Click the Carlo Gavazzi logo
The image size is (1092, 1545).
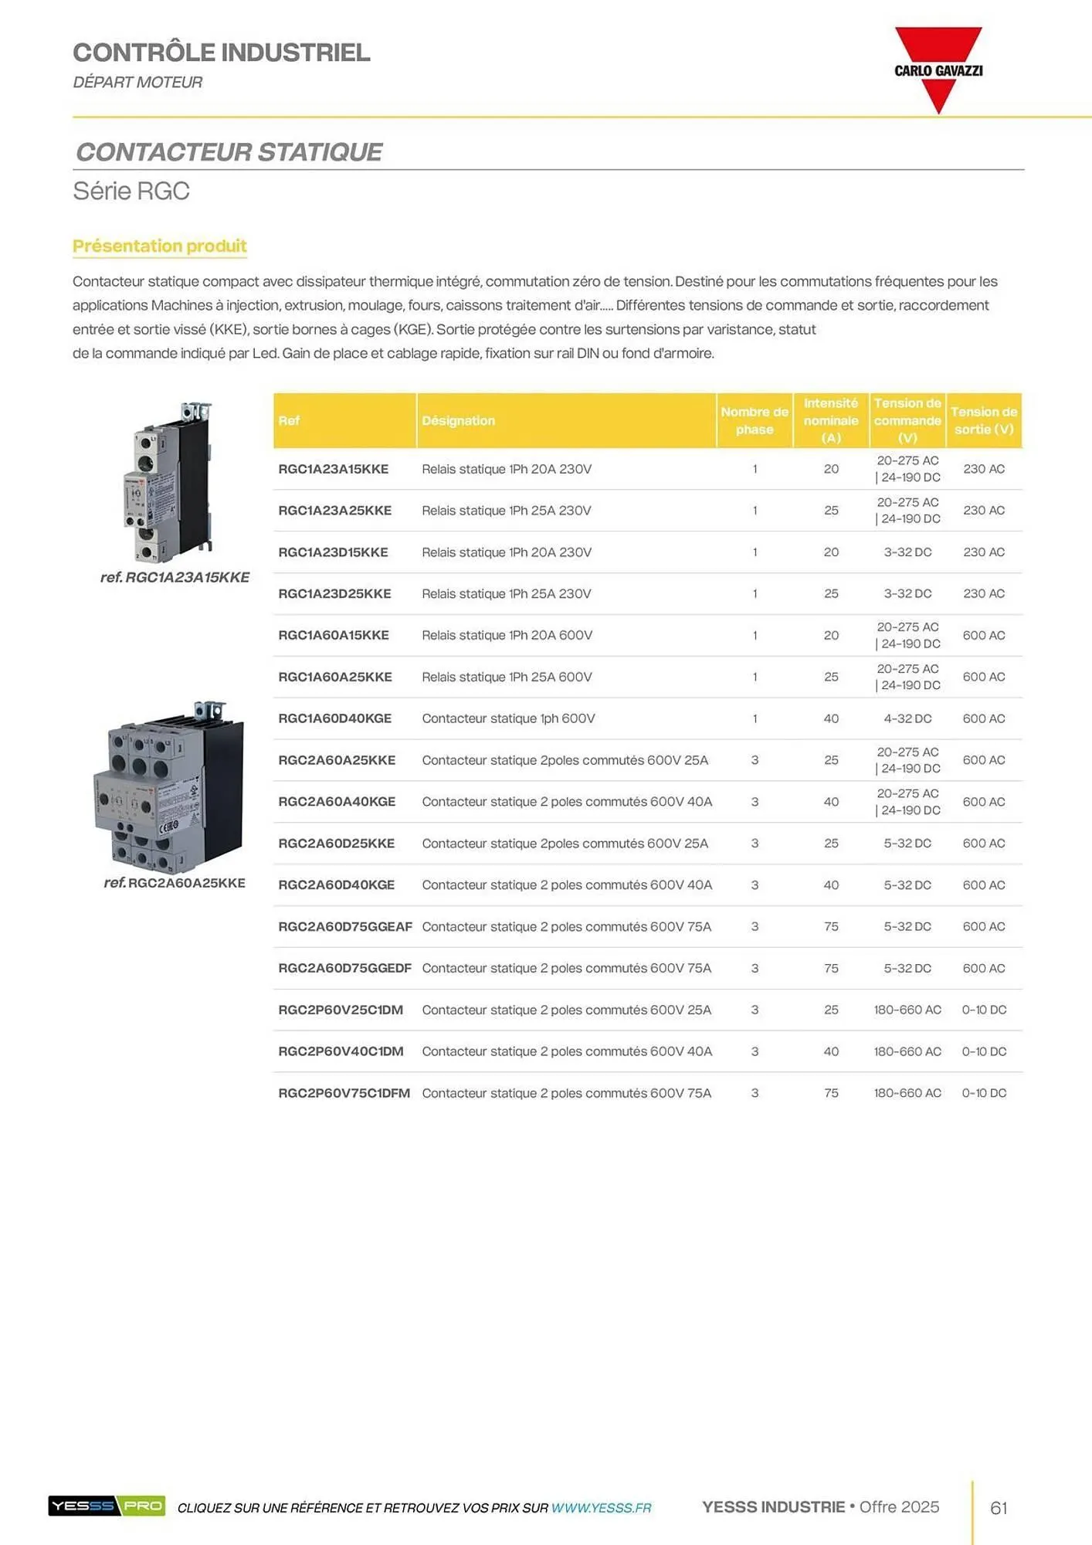coord(938,70)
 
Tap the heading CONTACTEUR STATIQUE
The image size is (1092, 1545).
coord(229,152)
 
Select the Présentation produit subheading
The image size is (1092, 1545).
coord(160,246)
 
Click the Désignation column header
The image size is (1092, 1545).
coord(458,421)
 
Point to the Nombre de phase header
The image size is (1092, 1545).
coord(755,421)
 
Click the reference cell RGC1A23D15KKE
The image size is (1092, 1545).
coord(333,552)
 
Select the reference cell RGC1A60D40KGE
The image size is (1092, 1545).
coord(334,718)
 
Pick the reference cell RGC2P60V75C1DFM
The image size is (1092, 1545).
coord(344,1093)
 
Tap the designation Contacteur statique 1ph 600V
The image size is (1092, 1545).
coord(508,718)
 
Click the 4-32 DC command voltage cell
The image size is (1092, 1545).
coord(907,718)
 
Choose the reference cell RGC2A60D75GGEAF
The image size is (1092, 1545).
coord(344,926)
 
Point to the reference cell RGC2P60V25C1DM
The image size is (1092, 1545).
coord(341,1010)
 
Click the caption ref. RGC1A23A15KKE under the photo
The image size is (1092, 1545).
coord(175,577)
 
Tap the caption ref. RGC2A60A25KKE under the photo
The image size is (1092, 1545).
coord(175,883)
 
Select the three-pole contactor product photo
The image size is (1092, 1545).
coord(168,788)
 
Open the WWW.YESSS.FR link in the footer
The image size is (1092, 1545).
coord(601,1508)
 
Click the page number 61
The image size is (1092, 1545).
coord(999,1508)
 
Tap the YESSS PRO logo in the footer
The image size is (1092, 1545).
coord(107,1506)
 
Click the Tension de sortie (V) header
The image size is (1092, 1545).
coord(984,421)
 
